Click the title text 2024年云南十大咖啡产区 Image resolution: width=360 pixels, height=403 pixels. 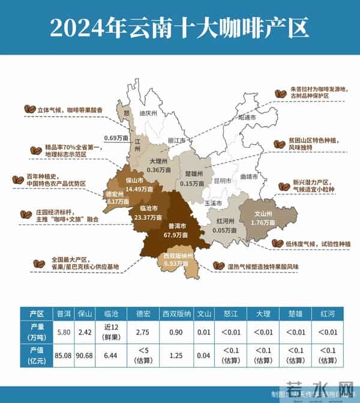[180, 26]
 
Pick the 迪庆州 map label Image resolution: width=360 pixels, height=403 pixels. [148, 113]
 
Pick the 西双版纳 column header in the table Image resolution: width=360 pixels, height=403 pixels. [176, 313]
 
